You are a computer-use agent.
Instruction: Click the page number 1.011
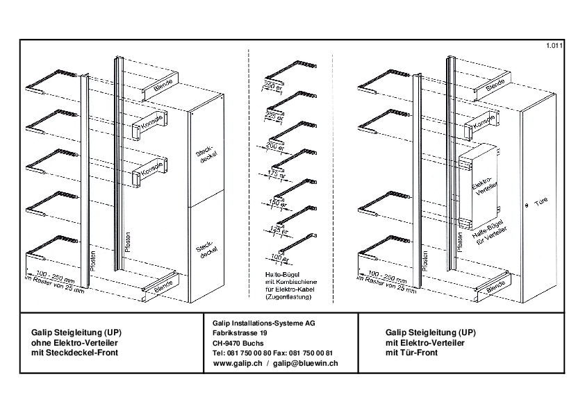pos(554,46)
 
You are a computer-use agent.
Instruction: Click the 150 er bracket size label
pos(279,203)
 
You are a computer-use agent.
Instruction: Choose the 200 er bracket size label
pos(274,148)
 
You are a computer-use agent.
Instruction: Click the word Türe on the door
pos(543,206)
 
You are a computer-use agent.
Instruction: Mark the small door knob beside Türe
pos(527,206)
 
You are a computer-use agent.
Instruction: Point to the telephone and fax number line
pos(273,353)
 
